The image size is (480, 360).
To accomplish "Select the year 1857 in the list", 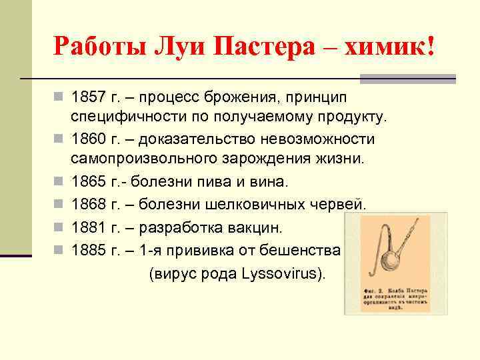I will pyautogui.click(x=89, y=97).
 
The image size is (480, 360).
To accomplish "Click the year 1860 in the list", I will pyautogui.click(x=89, y=139).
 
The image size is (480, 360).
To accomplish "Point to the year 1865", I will pyautogui.click(x=89, y=181).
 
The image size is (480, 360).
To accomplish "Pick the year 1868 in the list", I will pyautogui.click(x=89, y=203).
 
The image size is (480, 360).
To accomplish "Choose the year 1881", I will pyautogui.click(x=89, y=228).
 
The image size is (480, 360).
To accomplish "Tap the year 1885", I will pyautogui.click(x=89, y=250).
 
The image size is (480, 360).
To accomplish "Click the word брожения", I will pyautogui.click(x=239, y=97).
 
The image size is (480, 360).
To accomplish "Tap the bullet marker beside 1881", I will pyautogui.click(x=59, y=228).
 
